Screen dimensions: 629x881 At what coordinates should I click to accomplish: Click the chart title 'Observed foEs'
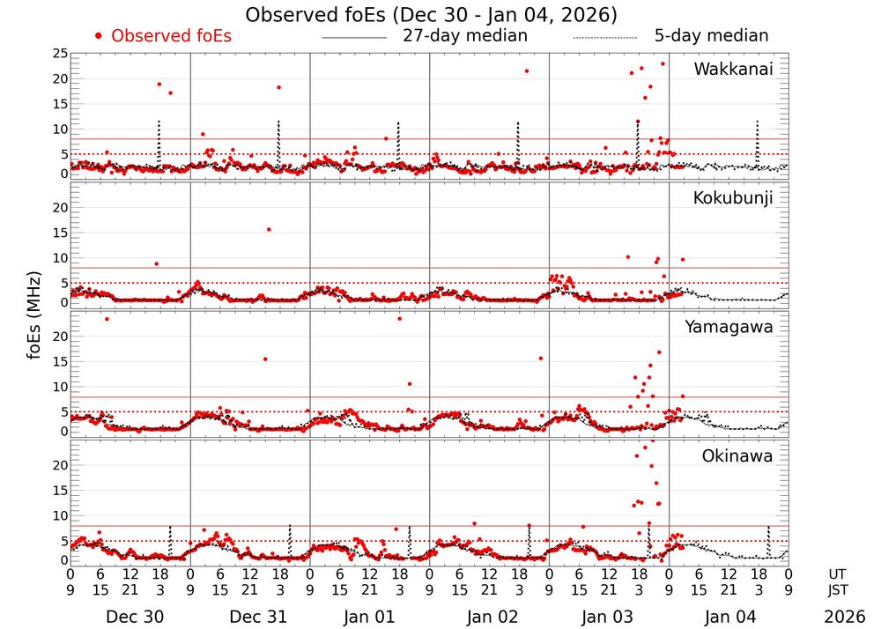(431, 15)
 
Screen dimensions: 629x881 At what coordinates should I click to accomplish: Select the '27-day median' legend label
(464, 36)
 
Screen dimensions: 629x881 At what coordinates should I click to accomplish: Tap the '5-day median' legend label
(711, 36)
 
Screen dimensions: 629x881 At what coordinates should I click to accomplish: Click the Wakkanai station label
(733, 70)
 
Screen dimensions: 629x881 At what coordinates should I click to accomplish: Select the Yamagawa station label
(729, 327)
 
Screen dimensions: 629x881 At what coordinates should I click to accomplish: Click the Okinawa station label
(737, 456)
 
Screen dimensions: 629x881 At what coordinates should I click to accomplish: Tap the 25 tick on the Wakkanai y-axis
(58, 54)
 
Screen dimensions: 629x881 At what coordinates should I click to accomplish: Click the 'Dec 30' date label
(135, 617)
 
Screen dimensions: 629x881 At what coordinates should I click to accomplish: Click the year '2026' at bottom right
(845, 617)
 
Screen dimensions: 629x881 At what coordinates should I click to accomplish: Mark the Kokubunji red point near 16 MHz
(269, 229)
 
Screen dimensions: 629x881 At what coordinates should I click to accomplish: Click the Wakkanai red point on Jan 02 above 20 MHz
(527, 71)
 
